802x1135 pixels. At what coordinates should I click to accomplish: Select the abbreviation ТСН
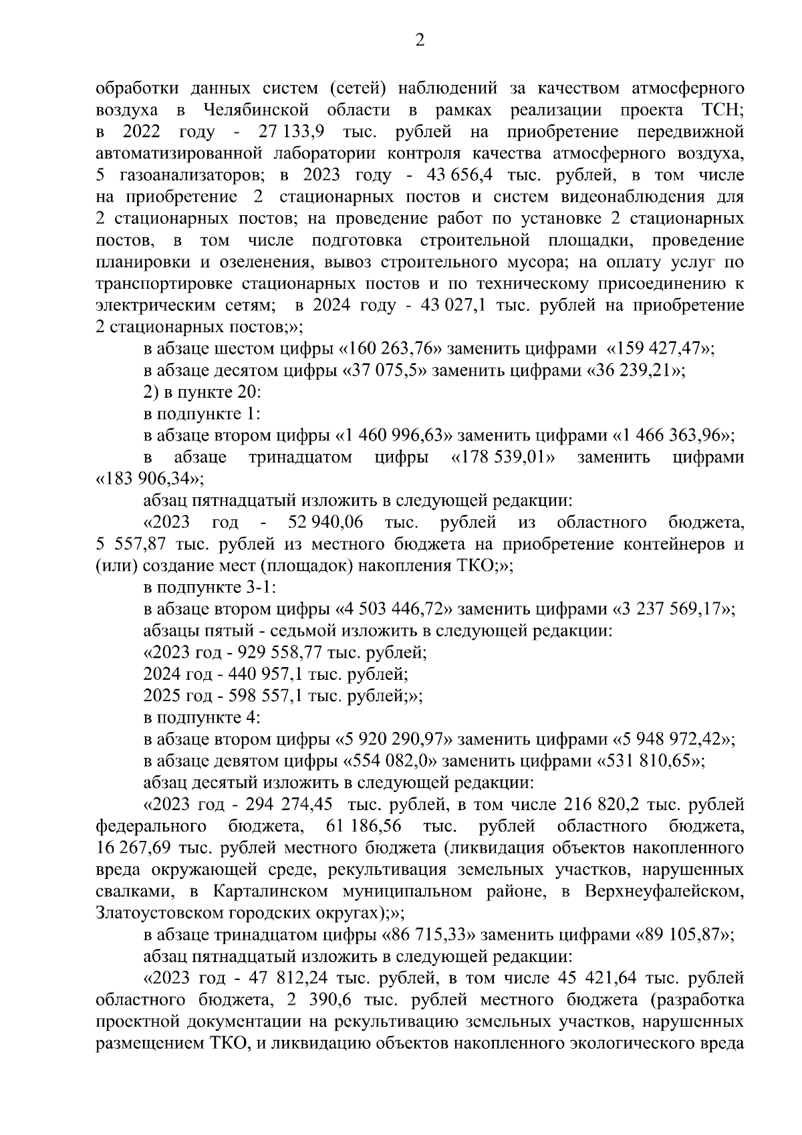pos(724,110)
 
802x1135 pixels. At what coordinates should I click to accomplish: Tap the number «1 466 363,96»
pos(673,436)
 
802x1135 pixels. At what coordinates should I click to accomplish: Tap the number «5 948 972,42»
pos(674,739)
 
